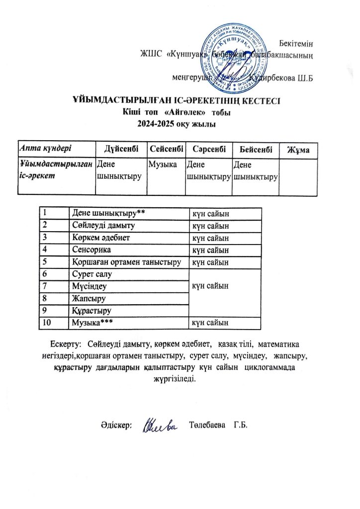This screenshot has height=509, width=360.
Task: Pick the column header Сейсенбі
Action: point(166,148)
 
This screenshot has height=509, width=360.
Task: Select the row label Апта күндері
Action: point(45,148)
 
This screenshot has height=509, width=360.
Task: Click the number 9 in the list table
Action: point(46,311)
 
